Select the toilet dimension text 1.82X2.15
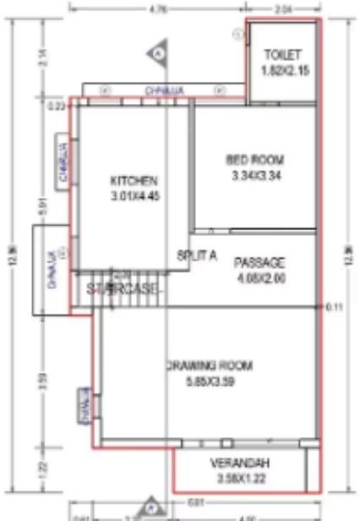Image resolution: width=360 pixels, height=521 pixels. (x=282, y=71)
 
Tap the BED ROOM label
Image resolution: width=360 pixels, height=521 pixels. (x=255, y=160)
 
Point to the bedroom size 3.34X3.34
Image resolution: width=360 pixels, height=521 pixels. (x=255, y=176)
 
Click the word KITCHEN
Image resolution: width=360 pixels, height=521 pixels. (x=134, y=180)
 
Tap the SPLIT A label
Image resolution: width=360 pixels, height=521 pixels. (x=198, y=254)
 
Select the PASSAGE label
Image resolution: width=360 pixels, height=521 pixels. (x=259, y=262)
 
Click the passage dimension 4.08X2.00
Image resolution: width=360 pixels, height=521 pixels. (x=259, y=277)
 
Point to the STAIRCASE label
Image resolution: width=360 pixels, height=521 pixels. (x=123, y=288)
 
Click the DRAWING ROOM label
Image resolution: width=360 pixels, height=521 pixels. (x=208, y=366)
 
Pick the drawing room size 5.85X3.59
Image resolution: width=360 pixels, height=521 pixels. (x=208, y=382)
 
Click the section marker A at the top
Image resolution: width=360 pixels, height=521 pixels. (x=158, y=53)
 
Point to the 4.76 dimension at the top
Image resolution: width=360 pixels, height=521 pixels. (x=157, y=9)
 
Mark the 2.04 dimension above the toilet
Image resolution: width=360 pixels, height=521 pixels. (x=283, y=9)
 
